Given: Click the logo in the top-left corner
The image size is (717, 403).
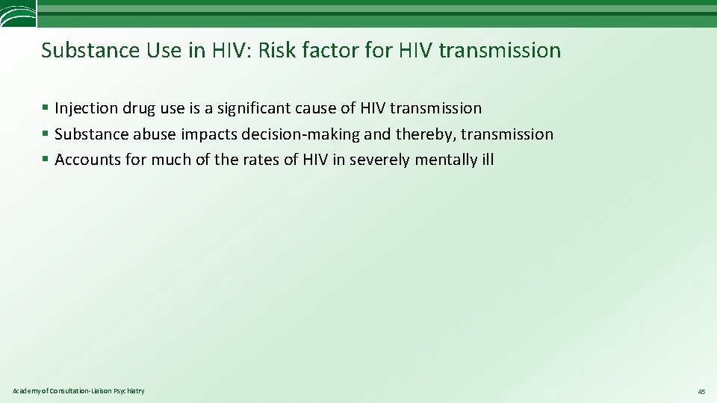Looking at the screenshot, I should click(x=17, y=13).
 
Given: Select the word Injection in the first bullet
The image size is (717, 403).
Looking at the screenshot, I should click(x=87, y=108).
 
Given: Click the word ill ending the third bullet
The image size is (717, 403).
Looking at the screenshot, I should click(x=487, y=160).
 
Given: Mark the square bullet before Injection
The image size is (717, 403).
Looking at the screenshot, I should click(x=46, y=109).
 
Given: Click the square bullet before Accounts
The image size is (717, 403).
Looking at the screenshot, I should click(x=46, y=160).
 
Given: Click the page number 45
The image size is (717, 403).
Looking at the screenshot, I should click(x=701, y=391).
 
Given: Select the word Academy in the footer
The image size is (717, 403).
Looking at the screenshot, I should click(x=26, y=391).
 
